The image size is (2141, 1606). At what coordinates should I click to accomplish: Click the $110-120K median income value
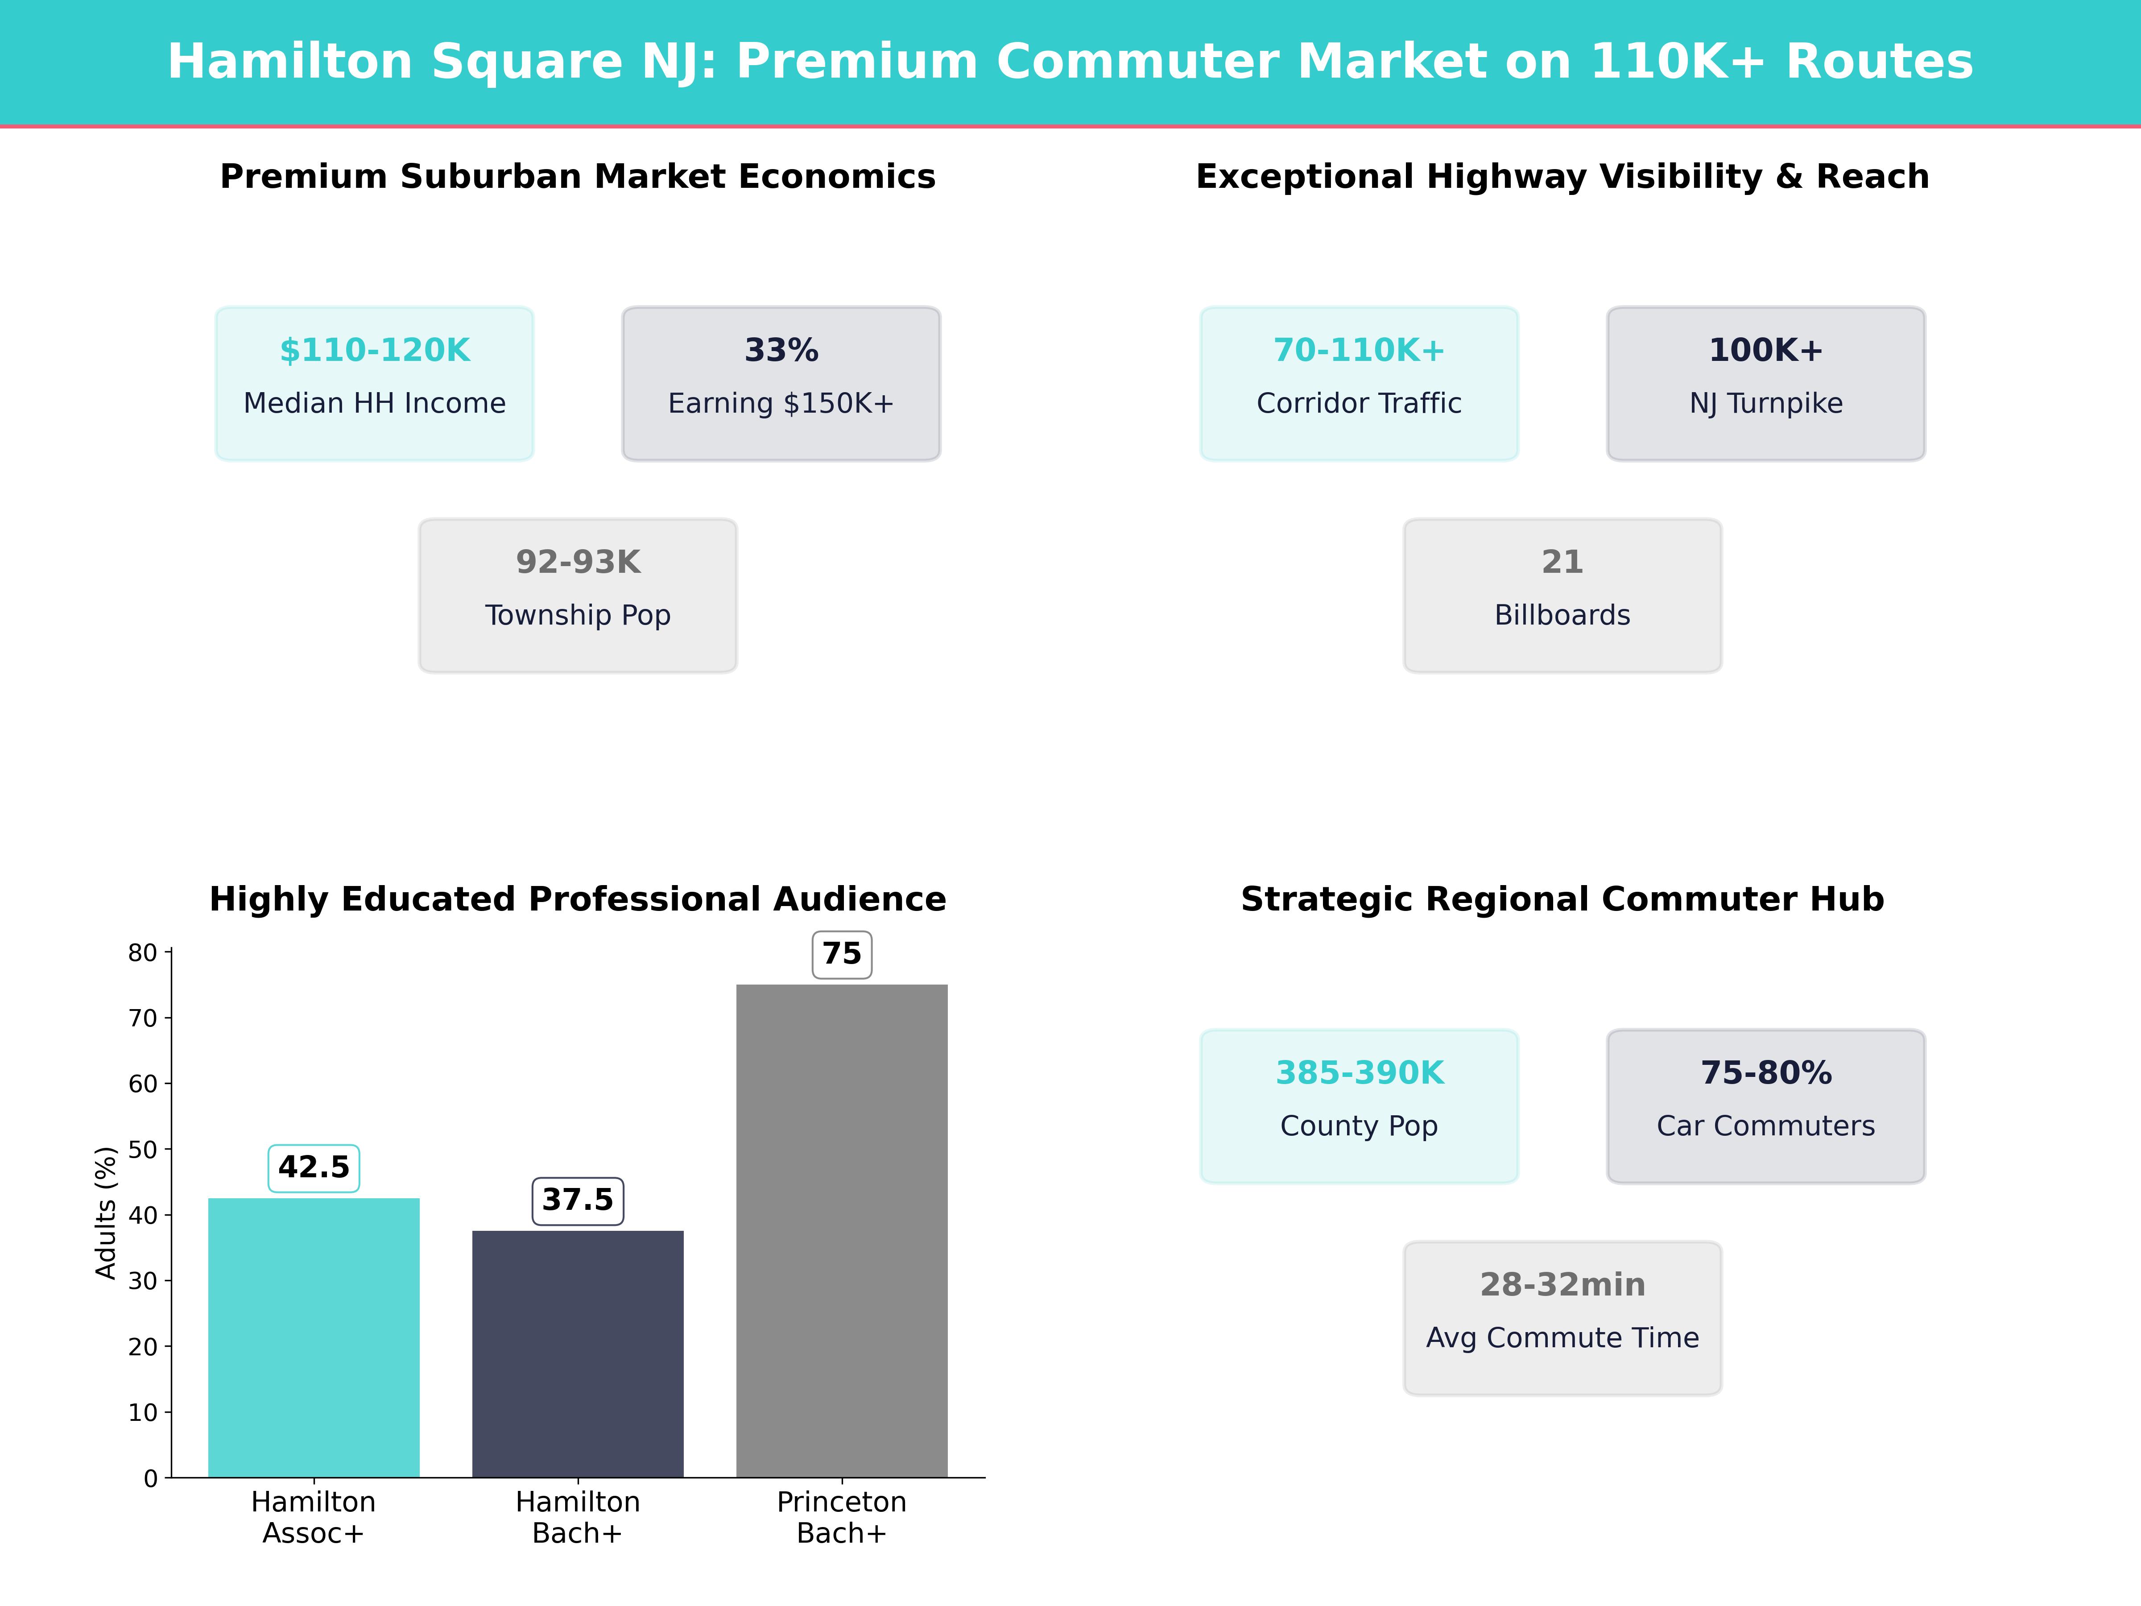point(375,351)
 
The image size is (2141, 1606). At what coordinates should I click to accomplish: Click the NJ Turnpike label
point(1765,404)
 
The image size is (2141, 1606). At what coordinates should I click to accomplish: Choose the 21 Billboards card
point(1562,596)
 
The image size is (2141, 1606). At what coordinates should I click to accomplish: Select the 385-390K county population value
point(1359,1072)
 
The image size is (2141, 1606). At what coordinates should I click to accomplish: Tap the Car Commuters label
point(1765,1126)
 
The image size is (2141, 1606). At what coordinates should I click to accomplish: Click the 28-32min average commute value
point(1562,1285)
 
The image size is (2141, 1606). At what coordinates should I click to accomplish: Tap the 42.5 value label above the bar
point(314,1167)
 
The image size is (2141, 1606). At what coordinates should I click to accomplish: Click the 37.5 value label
point(578,1200)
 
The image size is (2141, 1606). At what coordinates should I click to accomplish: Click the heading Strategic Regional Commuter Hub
point(1562,899)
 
